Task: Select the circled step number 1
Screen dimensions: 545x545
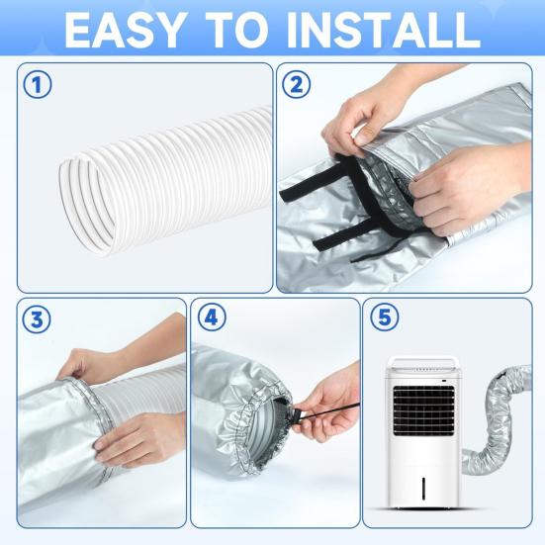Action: (39, 86)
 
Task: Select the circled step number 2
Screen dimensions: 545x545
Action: (294, 86)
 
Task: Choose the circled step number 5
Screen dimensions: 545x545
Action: (382, 319)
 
